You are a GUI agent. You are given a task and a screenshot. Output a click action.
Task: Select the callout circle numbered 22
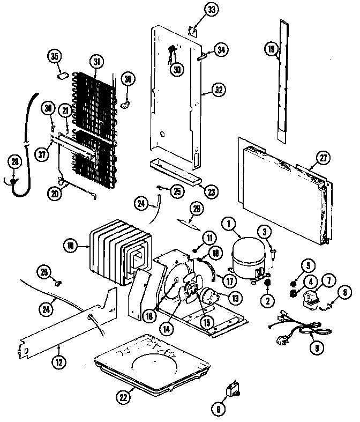pyautogui.click(x=123, y=397)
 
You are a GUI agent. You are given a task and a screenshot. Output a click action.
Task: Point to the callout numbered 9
pyautogui.click(x=316, y=347)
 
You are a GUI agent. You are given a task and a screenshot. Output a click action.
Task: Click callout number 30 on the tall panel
pyautogui.click(x=176, y=69)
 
